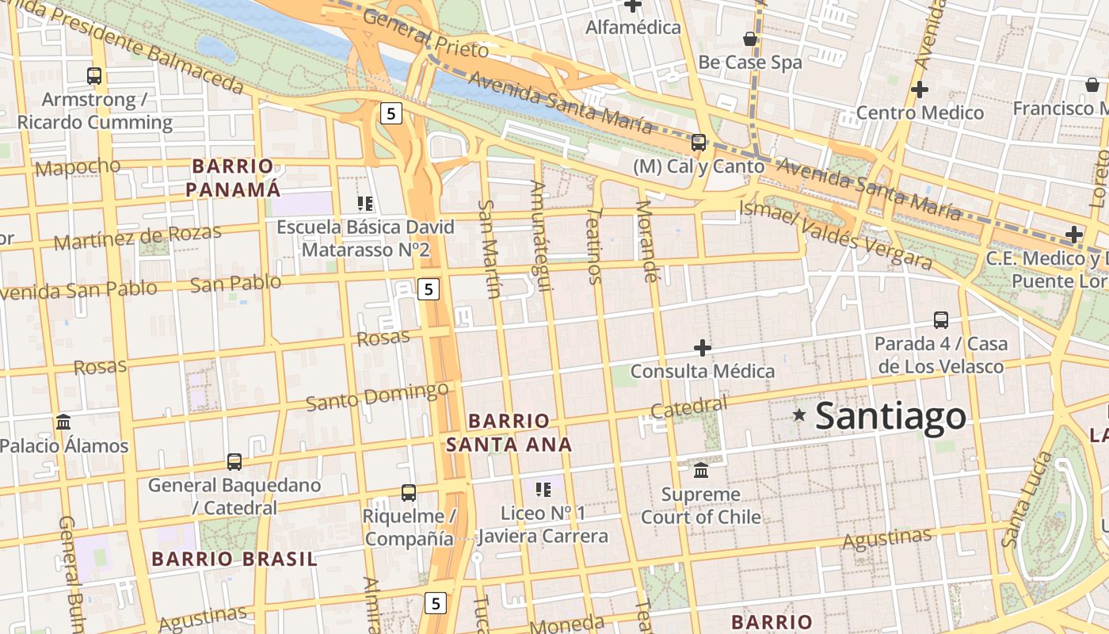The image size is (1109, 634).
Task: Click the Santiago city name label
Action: [x=890, y=416]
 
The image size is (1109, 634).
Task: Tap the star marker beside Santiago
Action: [x=799, y=414]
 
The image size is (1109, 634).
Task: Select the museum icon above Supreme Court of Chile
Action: [x=701, y=470]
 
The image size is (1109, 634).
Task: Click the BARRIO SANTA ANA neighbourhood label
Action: [x=509, y=433]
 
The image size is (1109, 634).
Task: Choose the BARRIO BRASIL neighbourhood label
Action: [x=234, y=559]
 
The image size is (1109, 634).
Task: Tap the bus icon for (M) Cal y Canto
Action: [x=699, y=143]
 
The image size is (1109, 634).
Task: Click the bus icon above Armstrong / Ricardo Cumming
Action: [x=94, y=76]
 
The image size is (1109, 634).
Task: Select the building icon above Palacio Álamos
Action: [x=63, y=422]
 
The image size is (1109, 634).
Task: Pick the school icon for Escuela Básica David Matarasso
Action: [x=365, y=204]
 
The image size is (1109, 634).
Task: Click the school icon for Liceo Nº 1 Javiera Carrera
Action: [x=543, y=489]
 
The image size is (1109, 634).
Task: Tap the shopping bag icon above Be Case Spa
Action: [x=749, y=38]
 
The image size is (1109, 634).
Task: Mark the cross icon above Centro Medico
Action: [x=919, y=89]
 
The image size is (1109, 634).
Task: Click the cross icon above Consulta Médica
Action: [x=702, y=347]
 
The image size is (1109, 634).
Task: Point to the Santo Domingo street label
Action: [x=377, y=396]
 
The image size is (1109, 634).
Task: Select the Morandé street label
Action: [x=646, y=241]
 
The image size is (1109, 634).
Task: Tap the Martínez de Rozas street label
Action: [x=137, y=236]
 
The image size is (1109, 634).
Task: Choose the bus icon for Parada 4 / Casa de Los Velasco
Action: [x=941, y=319]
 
